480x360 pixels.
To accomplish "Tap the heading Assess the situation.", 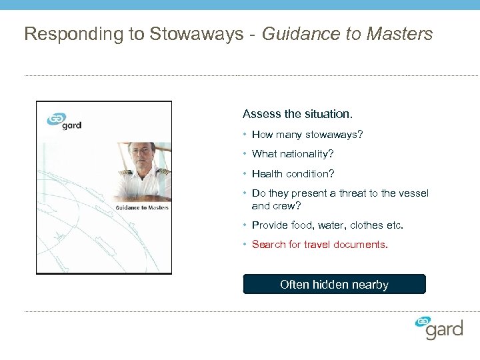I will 297,114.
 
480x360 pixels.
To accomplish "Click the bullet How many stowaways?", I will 307,135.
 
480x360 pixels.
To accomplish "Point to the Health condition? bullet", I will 293,174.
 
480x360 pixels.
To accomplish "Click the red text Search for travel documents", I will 319,245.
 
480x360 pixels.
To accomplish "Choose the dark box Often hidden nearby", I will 334,285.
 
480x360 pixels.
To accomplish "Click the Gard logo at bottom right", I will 439,328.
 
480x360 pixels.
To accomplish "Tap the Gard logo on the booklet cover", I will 64,121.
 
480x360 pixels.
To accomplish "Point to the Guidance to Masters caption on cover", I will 142,207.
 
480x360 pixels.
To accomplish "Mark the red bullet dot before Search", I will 245,245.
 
